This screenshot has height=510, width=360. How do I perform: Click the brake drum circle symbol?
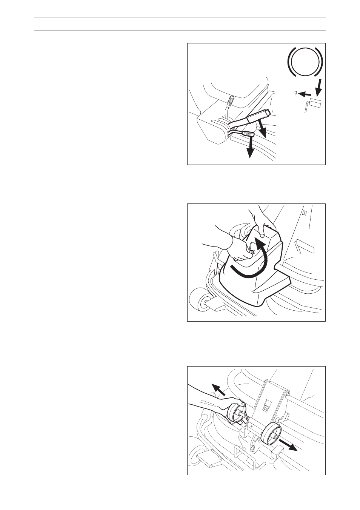305,62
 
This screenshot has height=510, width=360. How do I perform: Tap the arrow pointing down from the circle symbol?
318,88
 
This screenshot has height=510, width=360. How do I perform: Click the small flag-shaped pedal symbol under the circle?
314,103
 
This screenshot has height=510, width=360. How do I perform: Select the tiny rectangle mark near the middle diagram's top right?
305,213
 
